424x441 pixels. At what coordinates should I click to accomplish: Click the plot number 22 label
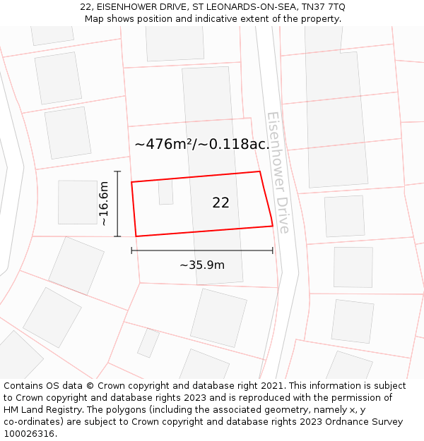220,203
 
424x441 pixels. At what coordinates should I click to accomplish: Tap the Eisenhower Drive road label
278,172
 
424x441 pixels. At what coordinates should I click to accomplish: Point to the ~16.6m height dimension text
104,203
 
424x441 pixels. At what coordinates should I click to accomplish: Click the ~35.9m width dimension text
202,265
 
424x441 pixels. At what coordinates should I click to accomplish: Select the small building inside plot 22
165,192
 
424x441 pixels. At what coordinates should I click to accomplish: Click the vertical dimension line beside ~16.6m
117,203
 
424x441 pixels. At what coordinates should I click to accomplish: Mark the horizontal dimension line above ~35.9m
202,250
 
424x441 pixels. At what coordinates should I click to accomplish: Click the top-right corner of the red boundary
259,171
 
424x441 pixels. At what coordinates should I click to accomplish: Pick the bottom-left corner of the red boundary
136,236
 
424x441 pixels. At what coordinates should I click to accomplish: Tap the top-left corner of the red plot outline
131,182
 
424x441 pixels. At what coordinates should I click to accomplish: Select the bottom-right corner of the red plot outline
273,226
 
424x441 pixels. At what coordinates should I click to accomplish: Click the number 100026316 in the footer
28,433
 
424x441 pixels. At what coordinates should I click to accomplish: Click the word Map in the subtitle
95,18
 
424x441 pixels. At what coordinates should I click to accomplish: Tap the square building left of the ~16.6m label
78,202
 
